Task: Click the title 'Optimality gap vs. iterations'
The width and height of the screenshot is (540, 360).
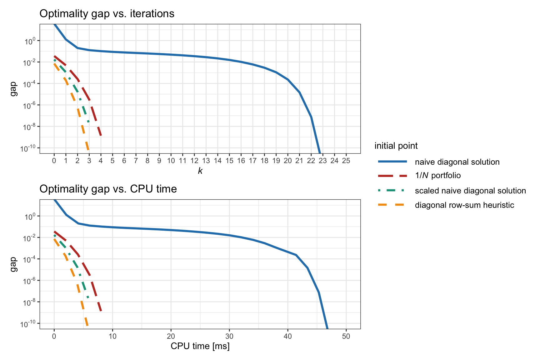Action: tap(107, 14)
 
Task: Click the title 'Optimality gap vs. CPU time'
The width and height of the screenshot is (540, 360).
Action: tap(108, 189)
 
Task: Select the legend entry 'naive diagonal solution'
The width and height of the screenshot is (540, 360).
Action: tap(457, 162)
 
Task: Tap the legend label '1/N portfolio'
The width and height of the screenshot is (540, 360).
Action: tap(437, 176)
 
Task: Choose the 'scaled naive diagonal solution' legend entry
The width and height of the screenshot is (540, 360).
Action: tap(470, 191)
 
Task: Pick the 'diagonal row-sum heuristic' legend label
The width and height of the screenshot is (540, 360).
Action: tap(464, 205)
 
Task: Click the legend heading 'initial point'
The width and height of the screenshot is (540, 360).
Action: tap(396, 146)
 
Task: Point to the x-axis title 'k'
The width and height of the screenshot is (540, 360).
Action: tap(200, 171)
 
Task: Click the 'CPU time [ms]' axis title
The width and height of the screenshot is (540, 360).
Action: tap(200, 346)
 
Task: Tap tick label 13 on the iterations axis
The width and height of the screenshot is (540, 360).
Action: tap(206, 161)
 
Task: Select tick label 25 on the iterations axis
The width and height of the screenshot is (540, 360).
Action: tap(346, 161)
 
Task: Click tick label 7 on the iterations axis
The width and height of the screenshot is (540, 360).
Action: tap(136, 161)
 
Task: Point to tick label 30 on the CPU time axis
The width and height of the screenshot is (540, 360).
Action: tap(229, 336)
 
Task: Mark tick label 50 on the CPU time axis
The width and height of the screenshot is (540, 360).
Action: tap(346, 336)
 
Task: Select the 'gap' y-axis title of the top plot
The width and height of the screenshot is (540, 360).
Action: tap(13, 89)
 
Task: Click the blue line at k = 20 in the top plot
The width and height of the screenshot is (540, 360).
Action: tap(288, 80)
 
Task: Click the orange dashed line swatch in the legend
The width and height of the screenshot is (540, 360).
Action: tap(392, 205)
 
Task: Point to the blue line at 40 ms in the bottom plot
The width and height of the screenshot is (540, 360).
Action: tap(288, 252)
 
